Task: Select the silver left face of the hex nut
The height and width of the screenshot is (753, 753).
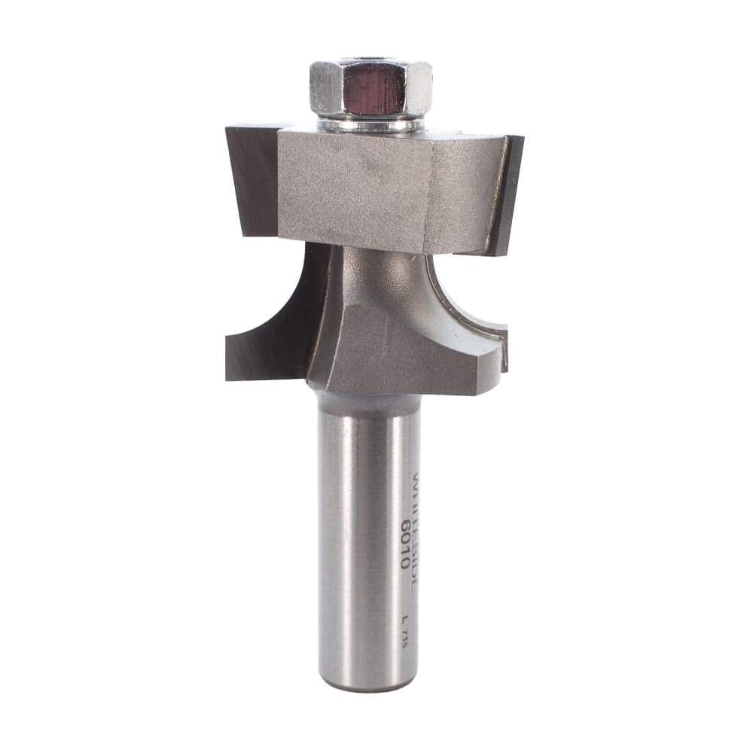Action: (326, 89)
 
